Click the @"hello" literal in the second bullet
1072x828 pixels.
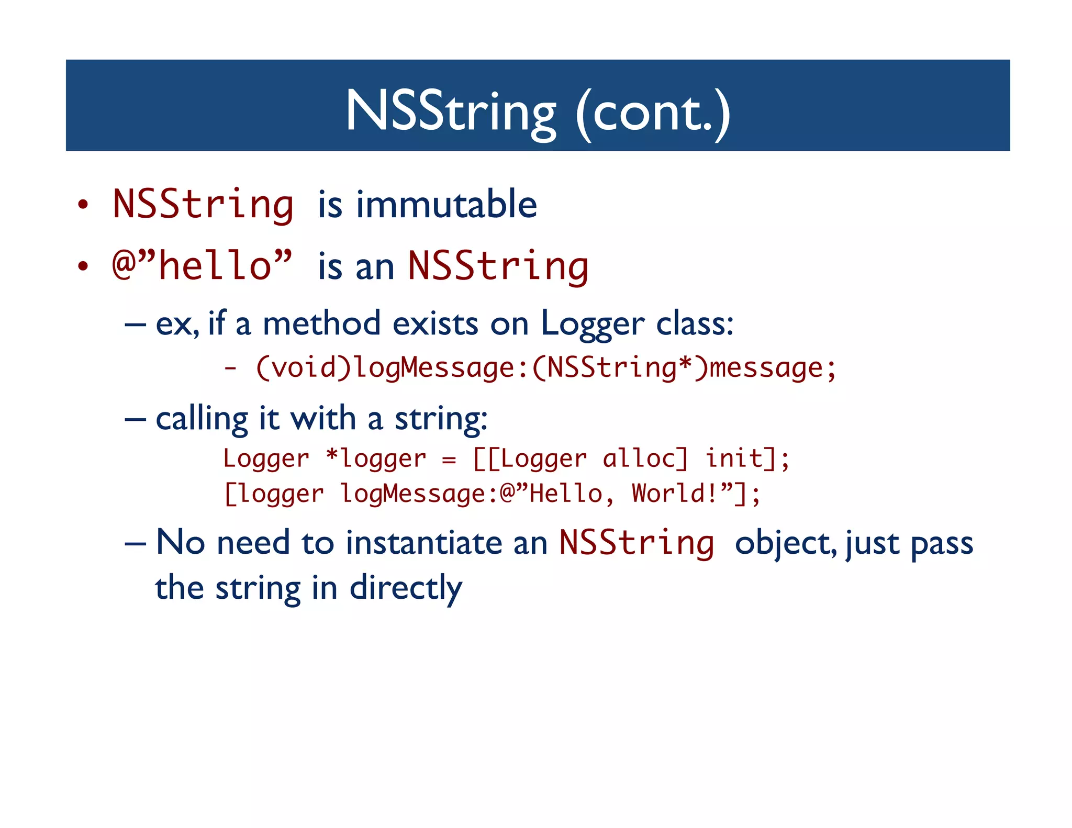tap(202, 265)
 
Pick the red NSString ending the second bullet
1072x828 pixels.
tap(498, 266)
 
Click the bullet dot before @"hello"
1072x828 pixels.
tap(83, 266)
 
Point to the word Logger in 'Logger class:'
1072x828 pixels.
tap(592, 324)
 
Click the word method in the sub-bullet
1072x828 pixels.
tap(321, 323)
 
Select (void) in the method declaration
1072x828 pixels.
tap(303, 367)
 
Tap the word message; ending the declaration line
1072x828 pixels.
tap(773, 367)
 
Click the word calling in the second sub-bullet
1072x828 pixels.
tap(202, 419)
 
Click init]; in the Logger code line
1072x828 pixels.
tap(747, 459)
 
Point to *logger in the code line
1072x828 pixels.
tap(375, 459)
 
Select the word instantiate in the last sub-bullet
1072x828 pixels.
tap(424, 542)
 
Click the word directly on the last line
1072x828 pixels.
tap(406, 588)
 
